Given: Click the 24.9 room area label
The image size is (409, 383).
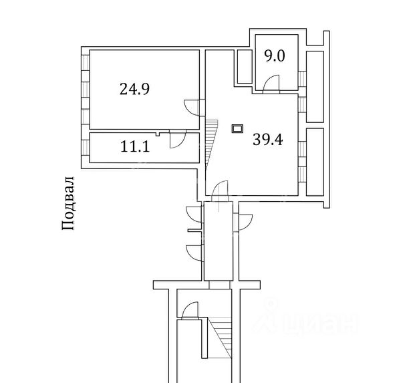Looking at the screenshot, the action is click(x=134, y=89).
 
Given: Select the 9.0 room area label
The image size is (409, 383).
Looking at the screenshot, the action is click(x=274, y=56).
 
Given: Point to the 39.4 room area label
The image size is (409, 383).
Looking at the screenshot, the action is click(x=267, y=139).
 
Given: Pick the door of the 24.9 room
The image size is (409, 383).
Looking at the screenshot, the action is click(x=191, y=107).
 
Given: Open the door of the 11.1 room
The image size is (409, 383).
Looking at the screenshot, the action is click(x=177, y=139).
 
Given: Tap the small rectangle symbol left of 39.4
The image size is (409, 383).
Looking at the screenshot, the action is click(x=237, y=128).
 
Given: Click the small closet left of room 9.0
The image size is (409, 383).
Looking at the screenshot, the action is click(x=243, y=66).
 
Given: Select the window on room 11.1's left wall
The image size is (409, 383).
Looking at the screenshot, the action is click(x=86, y=148).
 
